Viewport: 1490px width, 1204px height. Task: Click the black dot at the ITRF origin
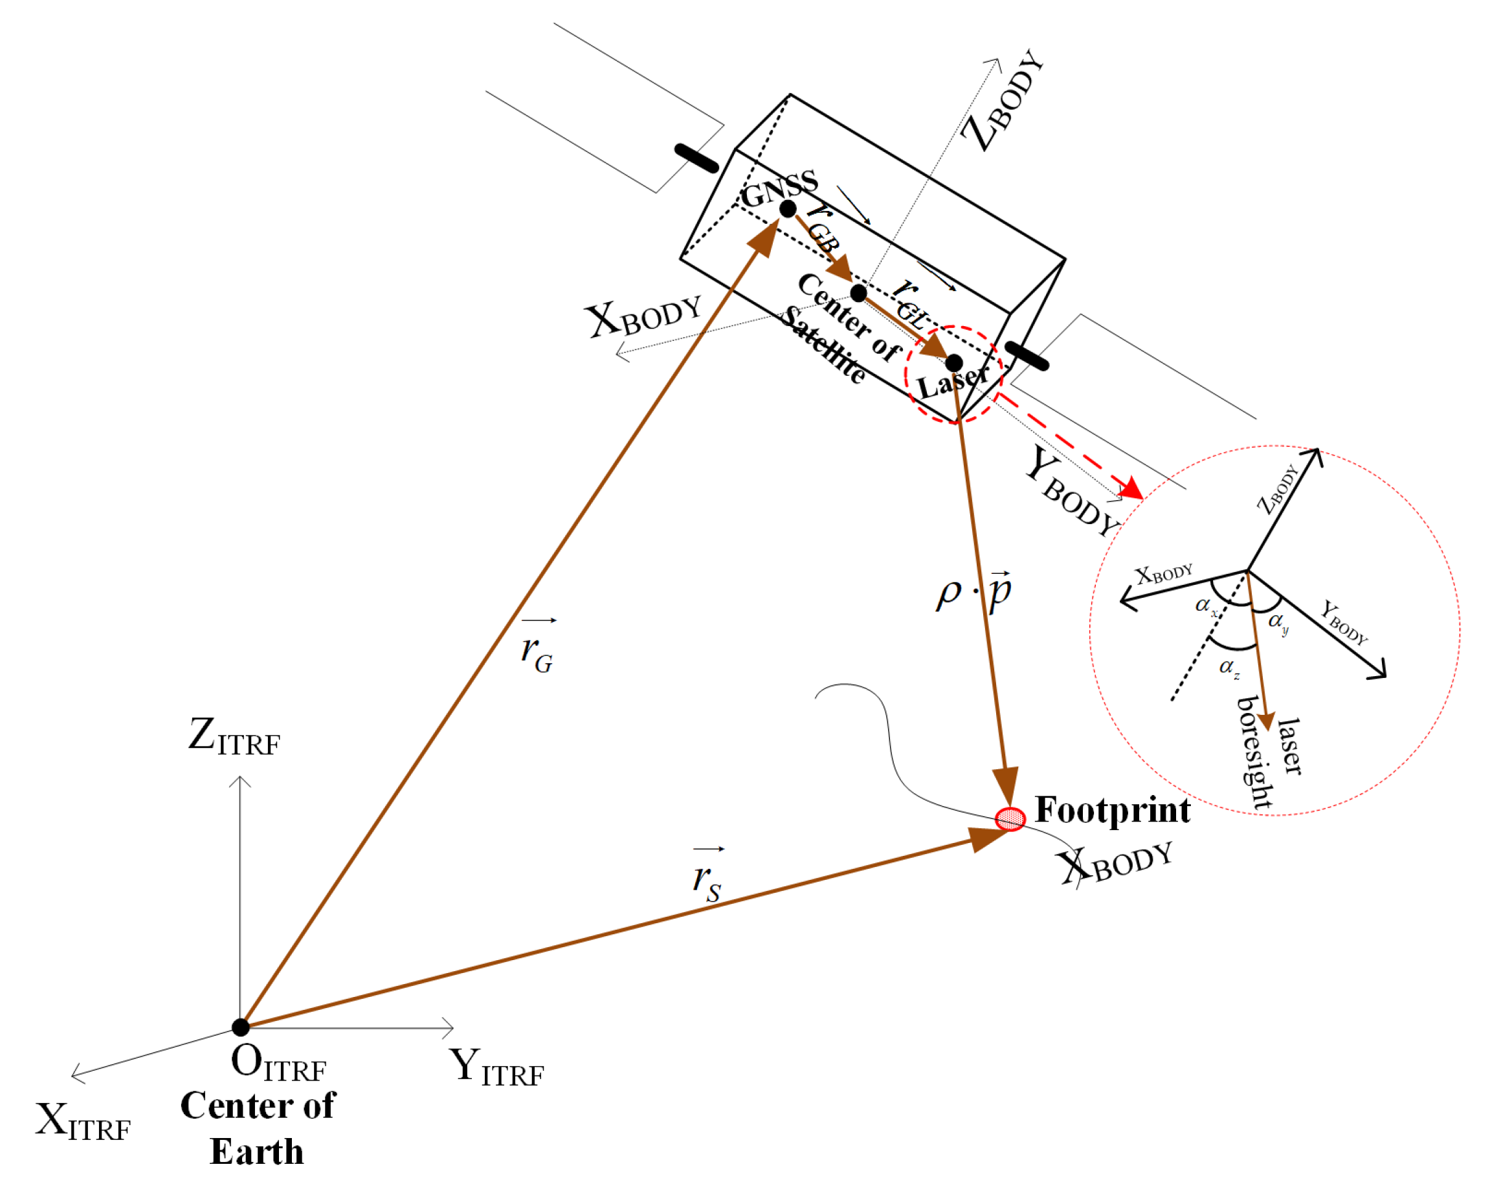pos(240,1027)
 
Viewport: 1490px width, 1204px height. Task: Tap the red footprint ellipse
pos(1010,819)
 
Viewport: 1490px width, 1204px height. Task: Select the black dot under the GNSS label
pos(788,208)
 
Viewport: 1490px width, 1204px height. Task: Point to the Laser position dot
pos(953,362)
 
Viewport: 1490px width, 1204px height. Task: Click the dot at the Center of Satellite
pos(858,292)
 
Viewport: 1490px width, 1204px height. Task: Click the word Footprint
pos(1113,810)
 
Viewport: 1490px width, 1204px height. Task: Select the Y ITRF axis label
pos(496,1066)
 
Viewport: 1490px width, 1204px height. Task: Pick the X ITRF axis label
pos(83,1121)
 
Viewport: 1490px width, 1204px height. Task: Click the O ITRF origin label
pos(278,1062)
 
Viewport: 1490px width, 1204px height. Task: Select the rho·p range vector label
pos(973,591)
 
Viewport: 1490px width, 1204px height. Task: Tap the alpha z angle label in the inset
pos(1229,668)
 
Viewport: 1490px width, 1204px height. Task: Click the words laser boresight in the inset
pos(1269,752)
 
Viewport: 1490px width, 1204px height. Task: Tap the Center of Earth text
pos(258,1128)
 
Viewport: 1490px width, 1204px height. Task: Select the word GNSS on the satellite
pos(779,187)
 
